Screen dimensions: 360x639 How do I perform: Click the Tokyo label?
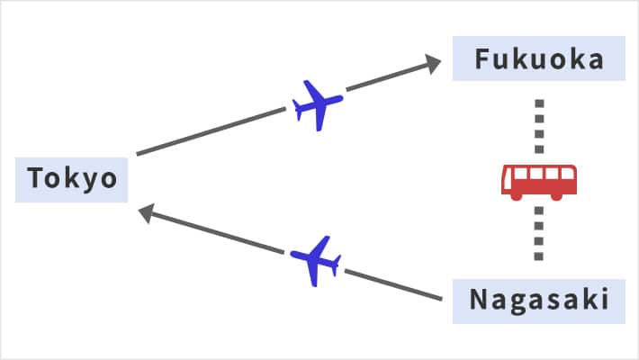[72, 178]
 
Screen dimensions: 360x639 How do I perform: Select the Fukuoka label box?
[538, 60]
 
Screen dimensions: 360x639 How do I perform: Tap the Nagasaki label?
[538, 299]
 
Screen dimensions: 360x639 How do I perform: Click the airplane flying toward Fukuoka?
[318, 104]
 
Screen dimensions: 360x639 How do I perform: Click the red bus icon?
[538, 181]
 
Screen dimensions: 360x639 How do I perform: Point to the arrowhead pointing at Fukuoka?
[432, 64]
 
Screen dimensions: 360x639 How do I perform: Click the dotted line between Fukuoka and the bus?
[538, 126]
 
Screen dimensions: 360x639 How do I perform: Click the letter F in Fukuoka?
[483, 60]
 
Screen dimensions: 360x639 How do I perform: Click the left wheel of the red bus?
[518, 194]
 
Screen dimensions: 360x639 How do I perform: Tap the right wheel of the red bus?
[558, 194]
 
